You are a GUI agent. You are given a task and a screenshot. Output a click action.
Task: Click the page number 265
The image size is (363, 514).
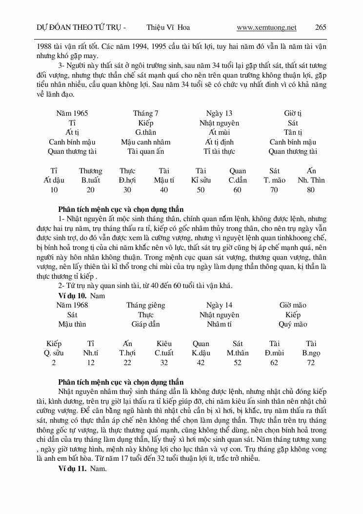[x=321, y=27]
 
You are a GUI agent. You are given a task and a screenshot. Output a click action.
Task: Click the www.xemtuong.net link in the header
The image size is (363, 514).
[x=266, y=27]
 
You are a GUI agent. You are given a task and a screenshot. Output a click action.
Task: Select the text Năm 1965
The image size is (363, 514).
[x=72, y=113]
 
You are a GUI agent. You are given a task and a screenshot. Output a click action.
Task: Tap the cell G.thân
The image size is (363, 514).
[x=146, y=132]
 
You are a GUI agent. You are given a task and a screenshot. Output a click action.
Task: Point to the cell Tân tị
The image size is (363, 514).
[x=293, y=132]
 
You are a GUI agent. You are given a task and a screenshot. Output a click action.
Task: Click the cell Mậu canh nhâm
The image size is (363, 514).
[x=146, y=142]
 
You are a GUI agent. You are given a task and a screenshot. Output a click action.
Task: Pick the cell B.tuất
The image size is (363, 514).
[x=91, y=180]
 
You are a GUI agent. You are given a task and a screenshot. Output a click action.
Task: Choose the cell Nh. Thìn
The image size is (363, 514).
[x=311, y=180]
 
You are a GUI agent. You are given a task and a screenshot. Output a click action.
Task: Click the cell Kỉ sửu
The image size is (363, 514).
[x=201, y=180]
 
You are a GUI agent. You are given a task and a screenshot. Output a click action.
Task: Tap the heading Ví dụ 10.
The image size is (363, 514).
[x=72, y=295]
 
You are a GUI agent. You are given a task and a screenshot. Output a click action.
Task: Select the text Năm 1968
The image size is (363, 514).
[x=72, y=305]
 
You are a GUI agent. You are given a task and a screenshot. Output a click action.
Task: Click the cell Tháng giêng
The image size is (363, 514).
[x=146, y=305]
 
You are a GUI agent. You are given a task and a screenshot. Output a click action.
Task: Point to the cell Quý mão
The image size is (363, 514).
[x=293, y=324]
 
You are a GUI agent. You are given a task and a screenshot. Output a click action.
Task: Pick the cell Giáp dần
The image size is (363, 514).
[x=146, y=324]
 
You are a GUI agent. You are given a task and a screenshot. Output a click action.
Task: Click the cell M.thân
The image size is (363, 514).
[x=238, y=353]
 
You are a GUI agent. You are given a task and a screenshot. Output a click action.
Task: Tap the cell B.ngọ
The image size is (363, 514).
[x=311, y=353]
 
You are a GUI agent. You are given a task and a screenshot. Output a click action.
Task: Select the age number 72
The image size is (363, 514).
[x=311, y=363]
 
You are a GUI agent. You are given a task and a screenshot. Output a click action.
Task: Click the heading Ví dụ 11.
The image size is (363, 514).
[x=72, y=468]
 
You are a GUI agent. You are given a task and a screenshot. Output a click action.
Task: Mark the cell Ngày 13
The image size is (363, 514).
[x=219, y=113]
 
